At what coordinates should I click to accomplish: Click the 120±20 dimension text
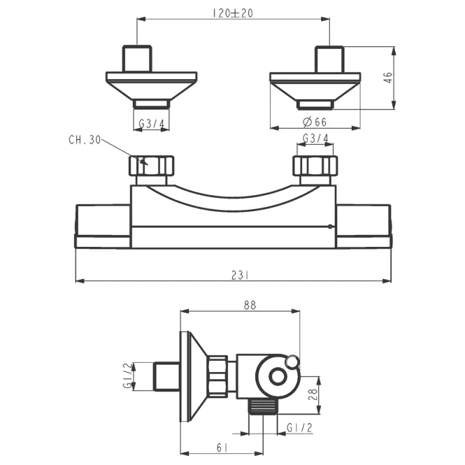(233, 13)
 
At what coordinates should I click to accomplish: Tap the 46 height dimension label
(389, 78)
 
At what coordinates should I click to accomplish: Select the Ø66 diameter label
(315, 122)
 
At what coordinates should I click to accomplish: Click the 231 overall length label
(240, 276)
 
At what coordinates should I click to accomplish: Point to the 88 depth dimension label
(250, 305)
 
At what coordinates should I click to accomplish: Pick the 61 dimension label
(222, 448)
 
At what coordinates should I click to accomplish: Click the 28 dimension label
(313, 394)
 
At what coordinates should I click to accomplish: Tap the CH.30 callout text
(85, 140)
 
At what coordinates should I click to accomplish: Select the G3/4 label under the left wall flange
(151, 123)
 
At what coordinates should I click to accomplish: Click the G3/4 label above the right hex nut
(315, 138)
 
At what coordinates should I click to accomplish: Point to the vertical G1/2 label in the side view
(127, 375)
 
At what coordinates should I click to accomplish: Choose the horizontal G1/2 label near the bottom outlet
(299, 428)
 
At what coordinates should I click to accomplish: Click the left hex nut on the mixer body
(151, 166)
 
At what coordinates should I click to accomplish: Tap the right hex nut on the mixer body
(315, 166)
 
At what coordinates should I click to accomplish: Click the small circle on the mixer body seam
(330, 227)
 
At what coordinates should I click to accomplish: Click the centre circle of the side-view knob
(278, 377)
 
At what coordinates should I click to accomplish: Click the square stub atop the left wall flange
(137, 59)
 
